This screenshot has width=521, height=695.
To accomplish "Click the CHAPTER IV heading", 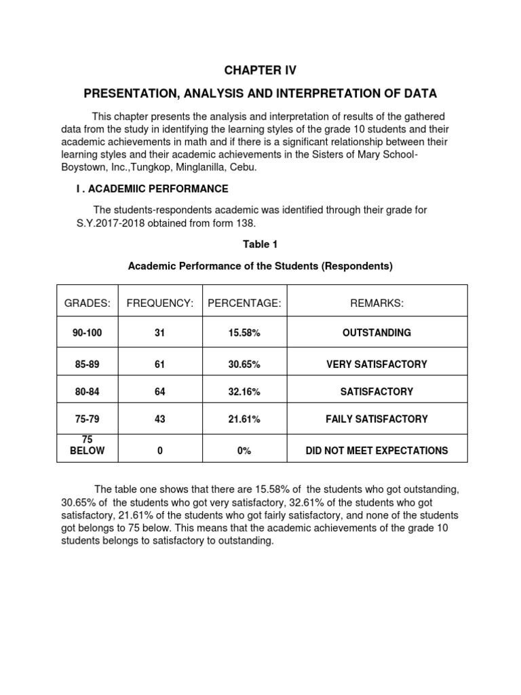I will (x=260, y=70).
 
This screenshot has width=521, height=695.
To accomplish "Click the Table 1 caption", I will (x=260, y=244).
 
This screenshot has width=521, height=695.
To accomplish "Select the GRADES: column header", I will (x=87, y=303).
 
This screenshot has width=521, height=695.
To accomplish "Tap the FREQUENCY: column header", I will (x=160, y=303).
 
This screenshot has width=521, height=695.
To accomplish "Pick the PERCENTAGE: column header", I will (x=244, y=303).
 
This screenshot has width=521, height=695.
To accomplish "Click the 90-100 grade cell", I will (x=87, y=333).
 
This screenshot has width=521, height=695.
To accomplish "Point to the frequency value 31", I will (x=160, y=333).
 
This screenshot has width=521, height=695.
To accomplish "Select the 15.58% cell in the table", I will (x=244, y=333).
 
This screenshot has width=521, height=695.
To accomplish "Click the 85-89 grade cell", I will (x=87, y=364).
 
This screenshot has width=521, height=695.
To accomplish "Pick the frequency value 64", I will (x=160, y=392).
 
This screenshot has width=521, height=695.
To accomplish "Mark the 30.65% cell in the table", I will (x=244, y=364).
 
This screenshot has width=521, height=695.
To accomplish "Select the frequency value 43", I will (x=160, y=419).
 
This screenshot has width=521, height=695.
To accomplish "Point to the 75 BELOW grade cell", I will (x=87, y=445).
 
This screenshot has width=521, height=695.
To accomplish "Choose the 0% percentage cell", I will (x=244, y=450).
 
